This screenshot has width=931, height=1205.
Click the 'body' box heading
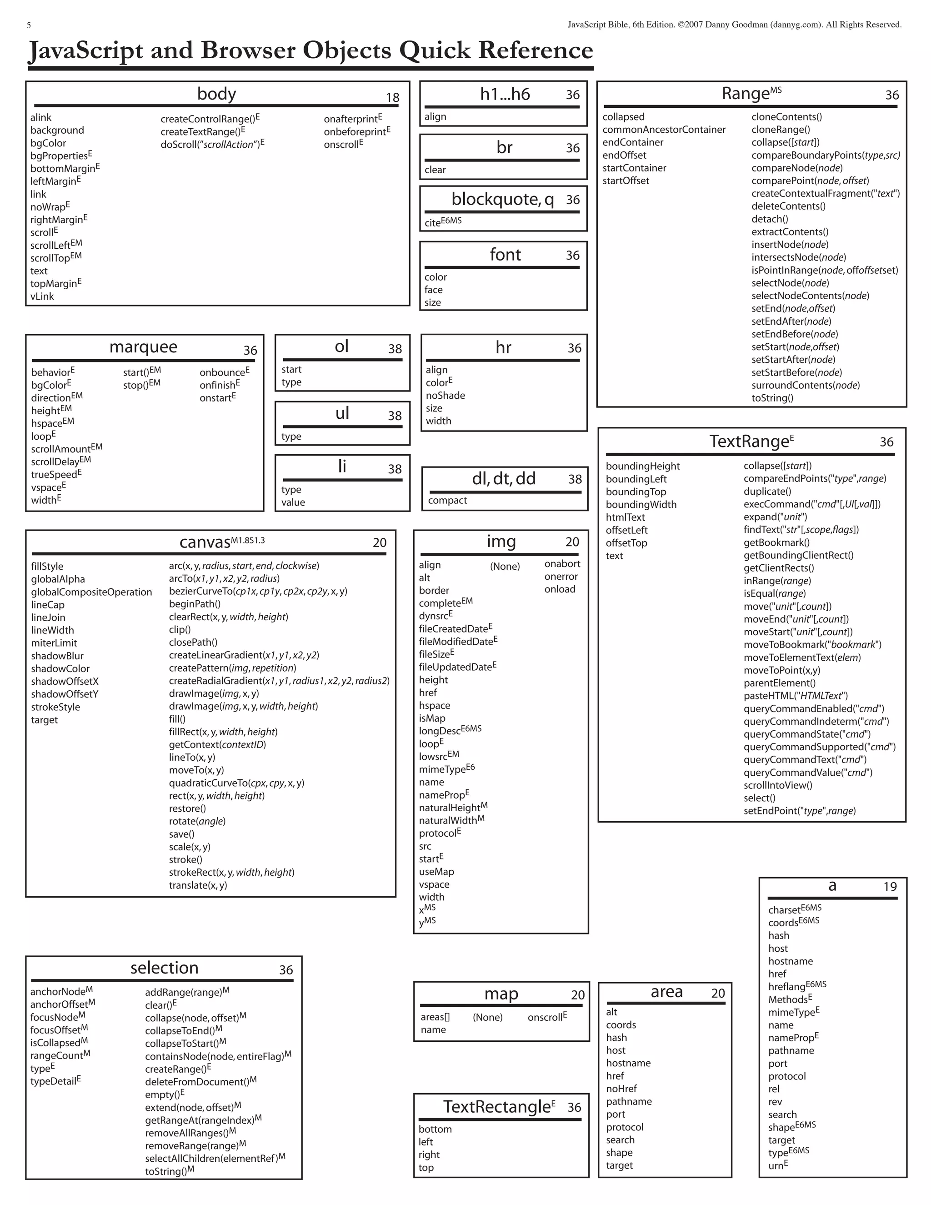click(x=216, y=94)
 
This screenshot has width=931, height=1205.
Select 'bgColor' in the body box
click(x=48, y=143)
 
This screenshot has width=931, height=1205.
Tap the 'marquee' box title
click(x=143, y=347)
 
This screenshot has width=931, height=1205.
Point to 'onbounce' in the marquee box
click(x=222, y=372)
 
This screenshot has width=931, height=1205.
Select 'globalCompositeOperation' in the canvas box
click(x=91, y=592)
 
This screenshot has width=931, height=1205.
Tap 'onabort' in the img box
click(x=562, y=564)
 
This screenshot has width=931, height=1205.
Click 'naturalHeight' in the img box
click(x=450, y=808)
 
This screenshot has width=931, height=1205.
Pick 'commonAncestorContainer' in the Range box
click(x=664, y=130)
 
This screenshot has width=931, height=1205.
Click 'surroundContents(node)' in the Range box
click(x=805, y=385)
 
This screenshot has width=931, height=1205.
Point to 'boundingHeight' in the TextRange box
click(x=642, y=466)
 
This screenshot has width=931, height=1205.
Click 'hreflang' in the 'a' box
click(x=786, y=987)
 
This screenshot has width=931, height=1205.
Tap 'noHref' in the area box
click(x=621, y=1089)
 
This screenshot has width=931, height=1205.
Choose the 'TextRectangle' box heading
click(x=497, y=1107)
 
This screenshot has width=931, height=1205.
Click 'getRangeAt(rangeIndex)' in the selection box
click(x=200, y=1120)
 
